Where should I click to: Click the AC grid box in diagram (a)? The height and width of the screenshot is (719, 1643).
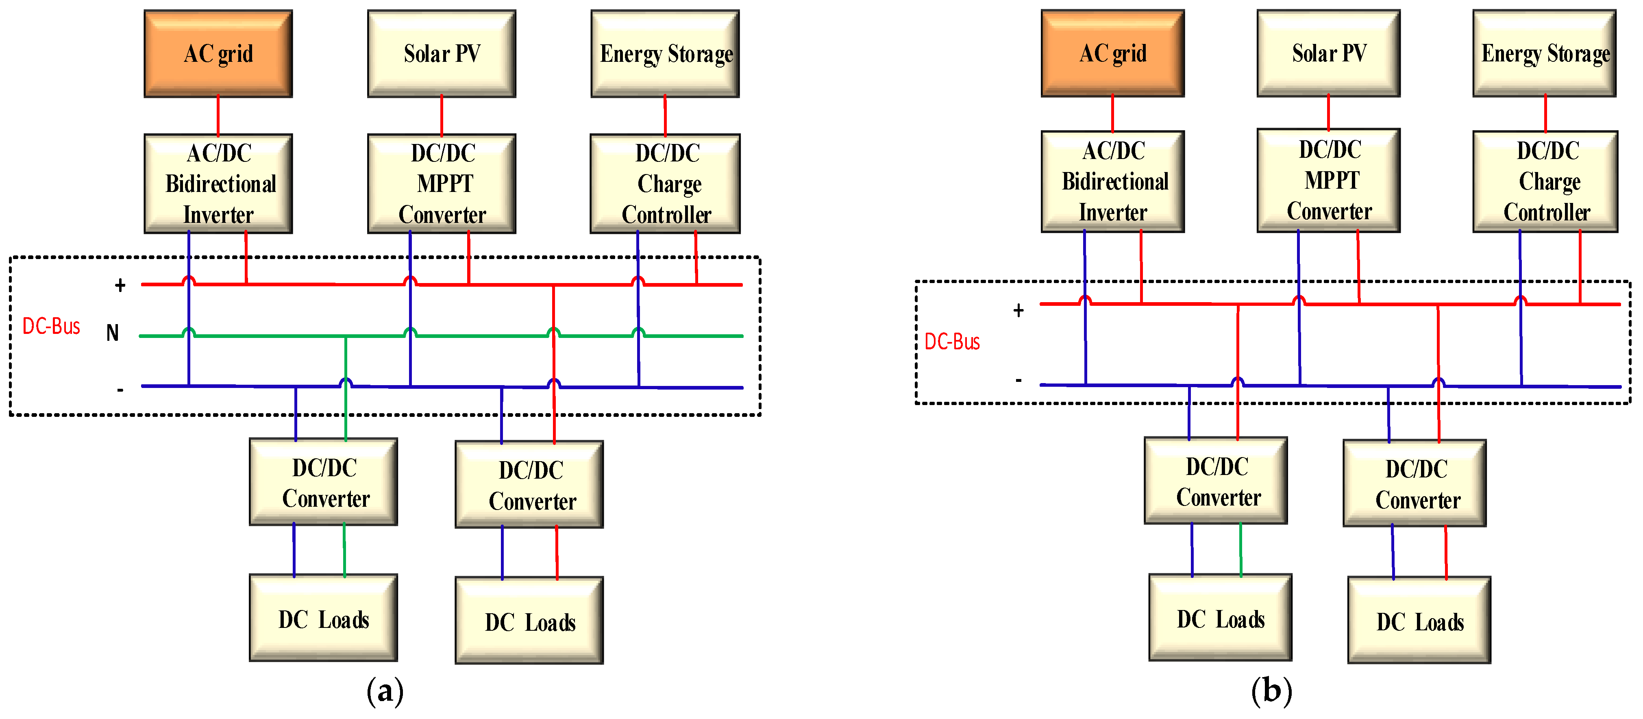tap(218, 54)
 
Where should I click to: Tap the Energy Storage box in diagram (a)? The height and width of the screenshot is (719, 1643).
tap(665, 54)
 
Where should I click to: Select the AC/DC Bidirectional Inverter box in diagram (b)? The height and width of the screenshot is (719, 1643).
tap(1112, 181)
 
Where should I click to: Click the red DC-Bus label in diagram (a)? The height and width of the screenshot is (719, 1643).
tap(51, 326)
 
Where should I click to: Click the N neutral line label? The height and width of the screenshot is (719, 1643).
tap(112, 332)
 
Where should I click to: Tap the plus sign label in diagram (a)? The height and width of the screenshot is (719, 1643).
tap(120, 285)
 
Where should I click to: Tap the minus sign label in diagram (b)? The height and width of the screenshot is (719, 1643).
tap(1018, 380)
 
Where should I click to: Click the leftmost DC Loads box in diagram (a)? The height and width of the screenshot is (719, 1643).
tap(323, 618)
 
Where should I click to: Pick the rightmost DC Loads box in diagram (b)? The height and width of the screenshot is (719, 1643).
tap(1419, 620)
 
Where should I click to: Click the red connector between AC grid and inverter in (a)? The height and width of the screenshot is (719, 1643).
tap(218, 115)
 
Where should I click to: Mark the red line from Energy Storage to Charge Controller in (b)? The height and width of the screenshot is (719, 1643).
tap(1545, 113)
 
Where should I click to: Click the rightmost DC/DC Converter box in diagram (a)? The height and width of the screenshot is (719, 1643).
tap(529, 484)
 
